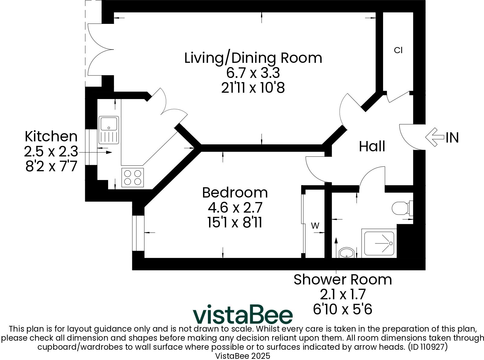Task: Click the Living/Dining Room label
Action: pos(253,58)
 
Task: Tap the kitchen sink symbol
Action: pos(108,130)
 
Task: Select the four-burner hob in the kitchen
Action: pos(133,177)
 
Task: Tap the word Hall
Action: pos(372,146)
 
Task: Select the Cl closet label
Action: pos(398,50)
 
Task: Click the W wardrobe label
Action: pos(315,226)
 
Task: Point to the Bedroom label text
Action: pos(235,193)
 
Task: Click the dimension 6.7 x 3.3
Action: pos(253,73)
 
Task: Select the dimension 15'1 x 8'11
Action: pos(235,223)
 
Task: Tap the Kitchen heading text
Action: pos(51,137)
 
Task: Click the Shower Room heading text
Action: pos(343,280)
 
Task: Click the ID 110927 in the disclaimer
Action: pos(428,347)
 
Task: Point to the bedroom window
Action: pos(139,233)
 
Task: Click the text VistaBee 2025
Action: pos(242,356)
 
